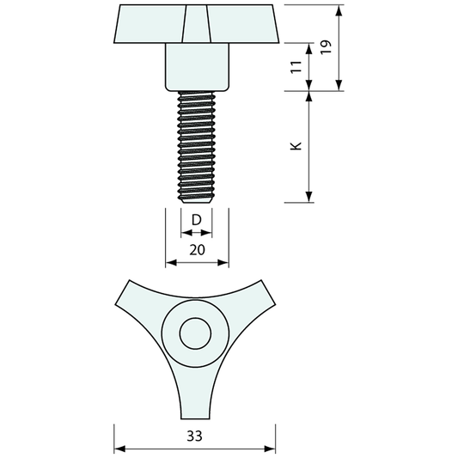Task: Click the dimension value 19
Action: tap(327, 46)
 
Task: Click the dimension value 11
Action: tap(296, 67)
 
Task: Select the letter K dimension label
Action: tap(296, 146)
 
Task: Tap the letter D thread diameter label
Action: tap(197, 220)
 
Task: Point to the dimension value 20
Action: tap(197, 250)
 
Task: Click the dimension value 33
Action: tap(194, 437)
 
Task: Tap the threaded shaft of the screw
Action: tap(197, 146)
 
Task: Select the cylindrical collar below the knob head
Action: tap(197, 67)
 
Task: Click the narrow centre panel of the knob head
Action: tap(196, 23)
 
